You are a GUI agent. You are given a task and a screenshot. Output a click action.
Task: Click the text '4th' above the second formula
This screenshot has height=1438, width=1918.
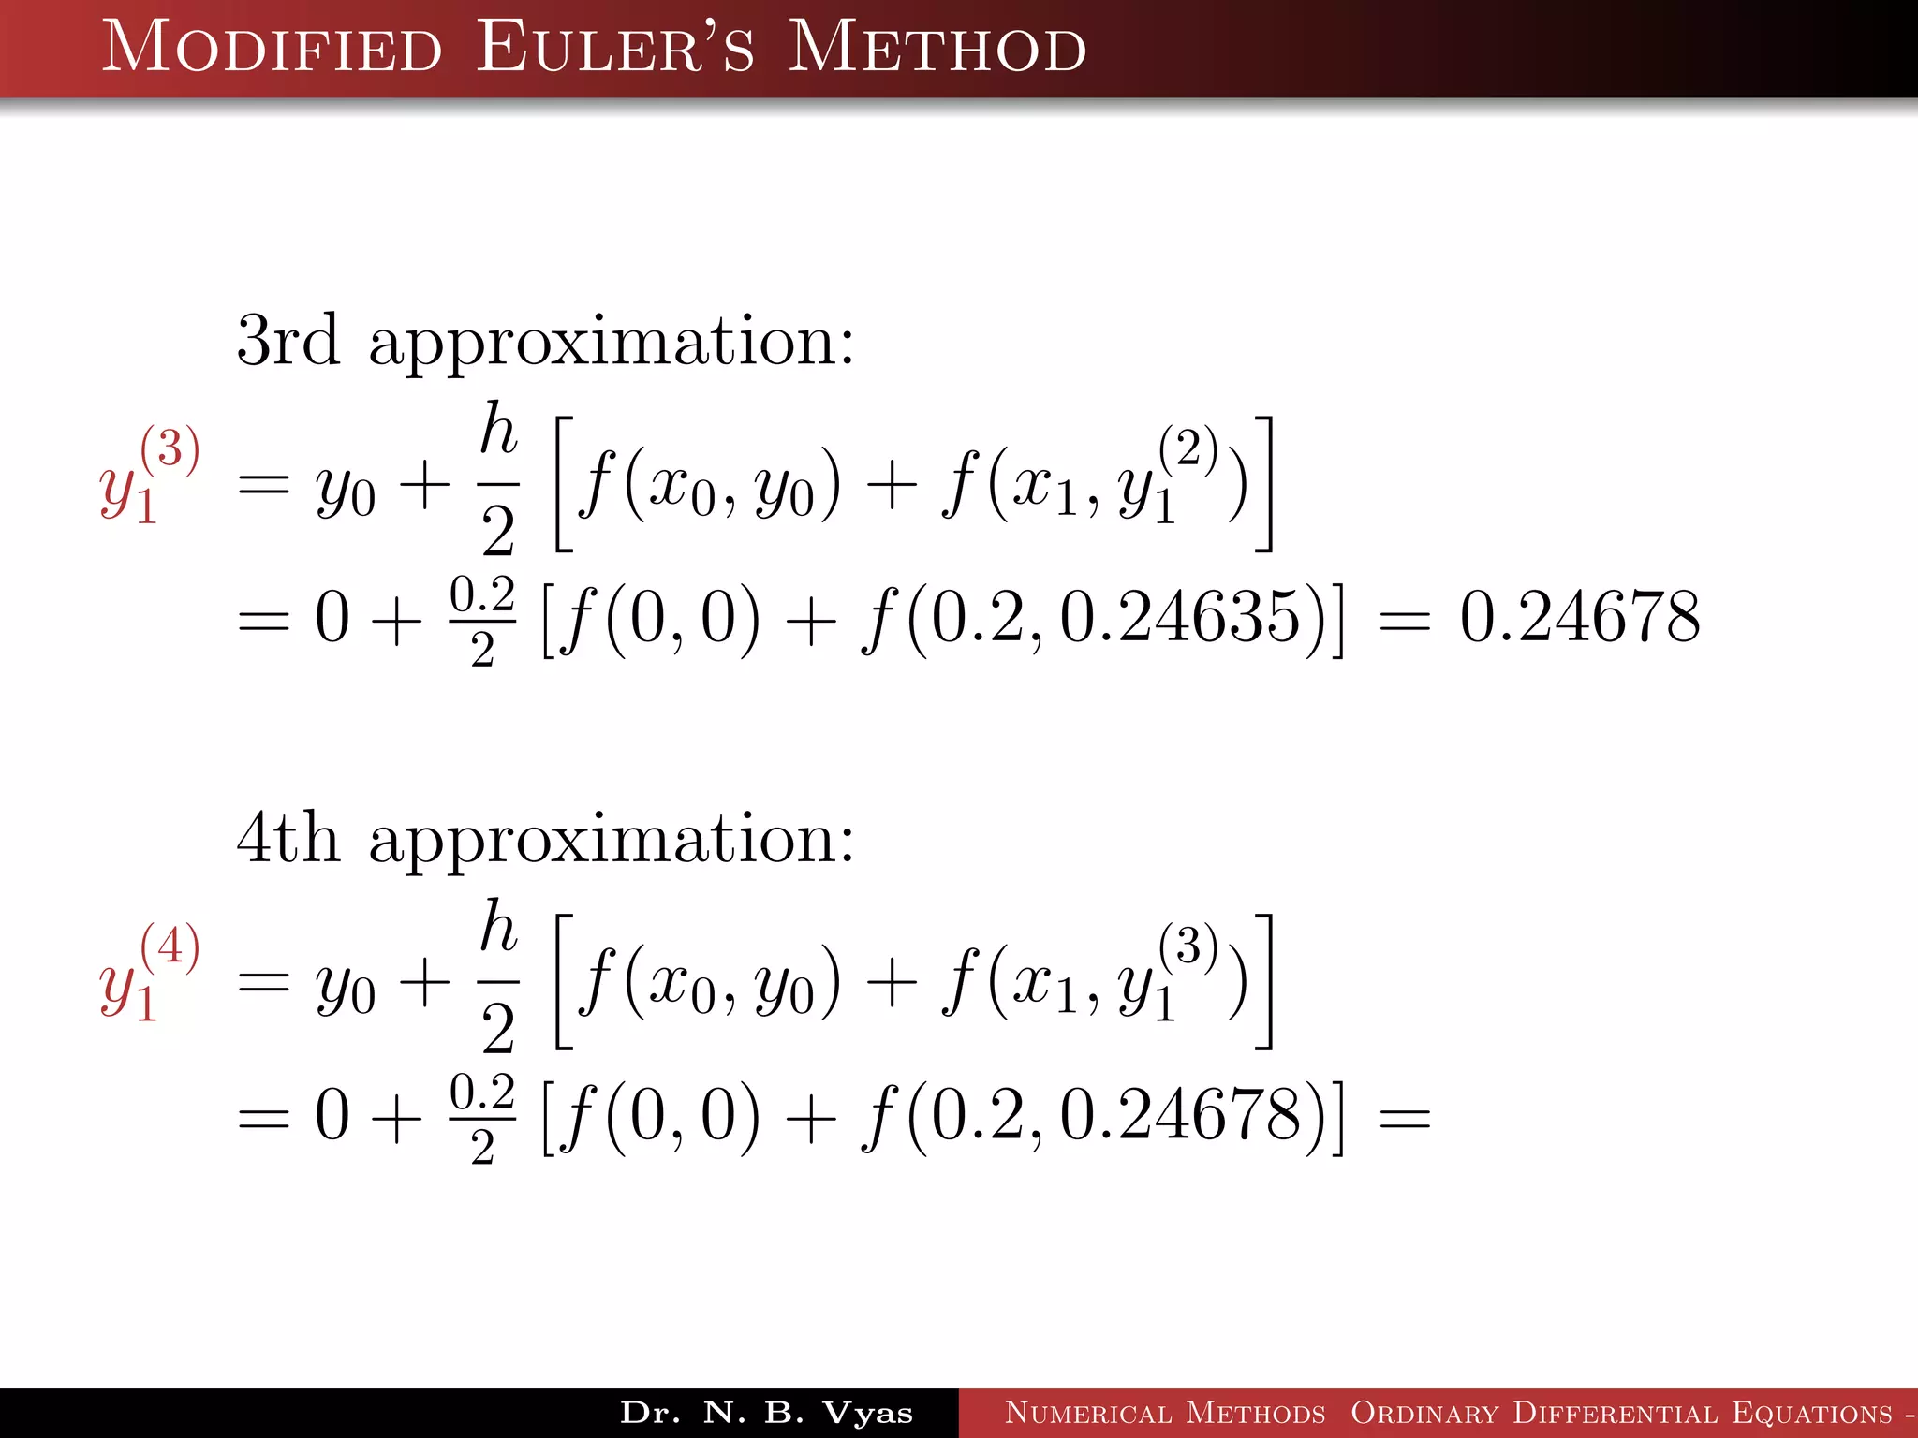click(x=288, y=838)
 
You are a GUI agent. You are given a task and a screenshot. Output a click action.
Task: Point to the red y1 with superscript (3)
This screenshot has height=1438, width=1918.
click(x=148, y=476)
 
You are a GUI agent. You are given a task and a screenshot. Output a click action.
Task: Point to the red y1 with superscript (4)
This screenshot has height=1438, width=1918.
click(x=148, y=974)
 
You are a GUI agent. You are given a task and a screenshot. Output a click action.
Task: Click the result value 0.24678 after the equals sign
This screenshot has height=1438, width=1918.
click(x=1580, y=617)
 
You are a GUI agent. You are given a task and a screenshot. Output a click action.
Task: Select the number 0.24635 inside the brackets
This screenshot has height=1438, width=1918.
click(x=1180, y=617)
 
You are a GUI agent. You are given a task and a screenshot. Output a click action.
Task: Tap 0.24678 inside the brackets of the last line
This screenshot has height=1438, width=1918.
click(x=1180, y=1115)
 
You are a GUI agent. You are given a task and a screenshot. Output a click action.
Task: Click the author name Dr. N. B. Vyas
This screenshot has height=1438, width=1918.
click(x=766, y=1413)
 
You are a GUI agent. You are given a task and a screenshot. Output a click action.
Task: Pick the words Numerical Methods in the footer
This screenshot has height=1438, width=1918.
click(x=1165, y=1413)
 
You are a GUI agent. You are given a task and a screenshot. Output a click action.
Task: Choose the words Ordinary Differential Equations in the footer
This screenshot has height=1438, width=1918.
click(x=1620, y=1413)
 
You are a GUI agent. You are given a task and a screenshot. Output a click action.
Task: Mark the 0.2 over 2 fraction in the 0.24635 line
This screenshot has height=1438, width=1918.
click(x=482, y=621)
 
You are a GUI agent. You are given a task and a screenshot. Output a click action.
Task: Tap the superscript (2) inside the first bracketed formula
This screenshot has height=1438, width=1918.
click(x=1188, y=447)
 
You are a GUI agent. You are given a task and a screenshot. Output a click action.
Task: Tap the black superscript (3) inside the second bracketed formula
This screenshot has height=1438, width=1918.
click(x=1188, y=945)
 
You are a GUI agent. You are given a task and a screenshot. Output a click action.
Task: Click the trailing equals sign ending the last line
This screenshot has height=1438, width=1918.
click(x=1405, y=1118)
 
